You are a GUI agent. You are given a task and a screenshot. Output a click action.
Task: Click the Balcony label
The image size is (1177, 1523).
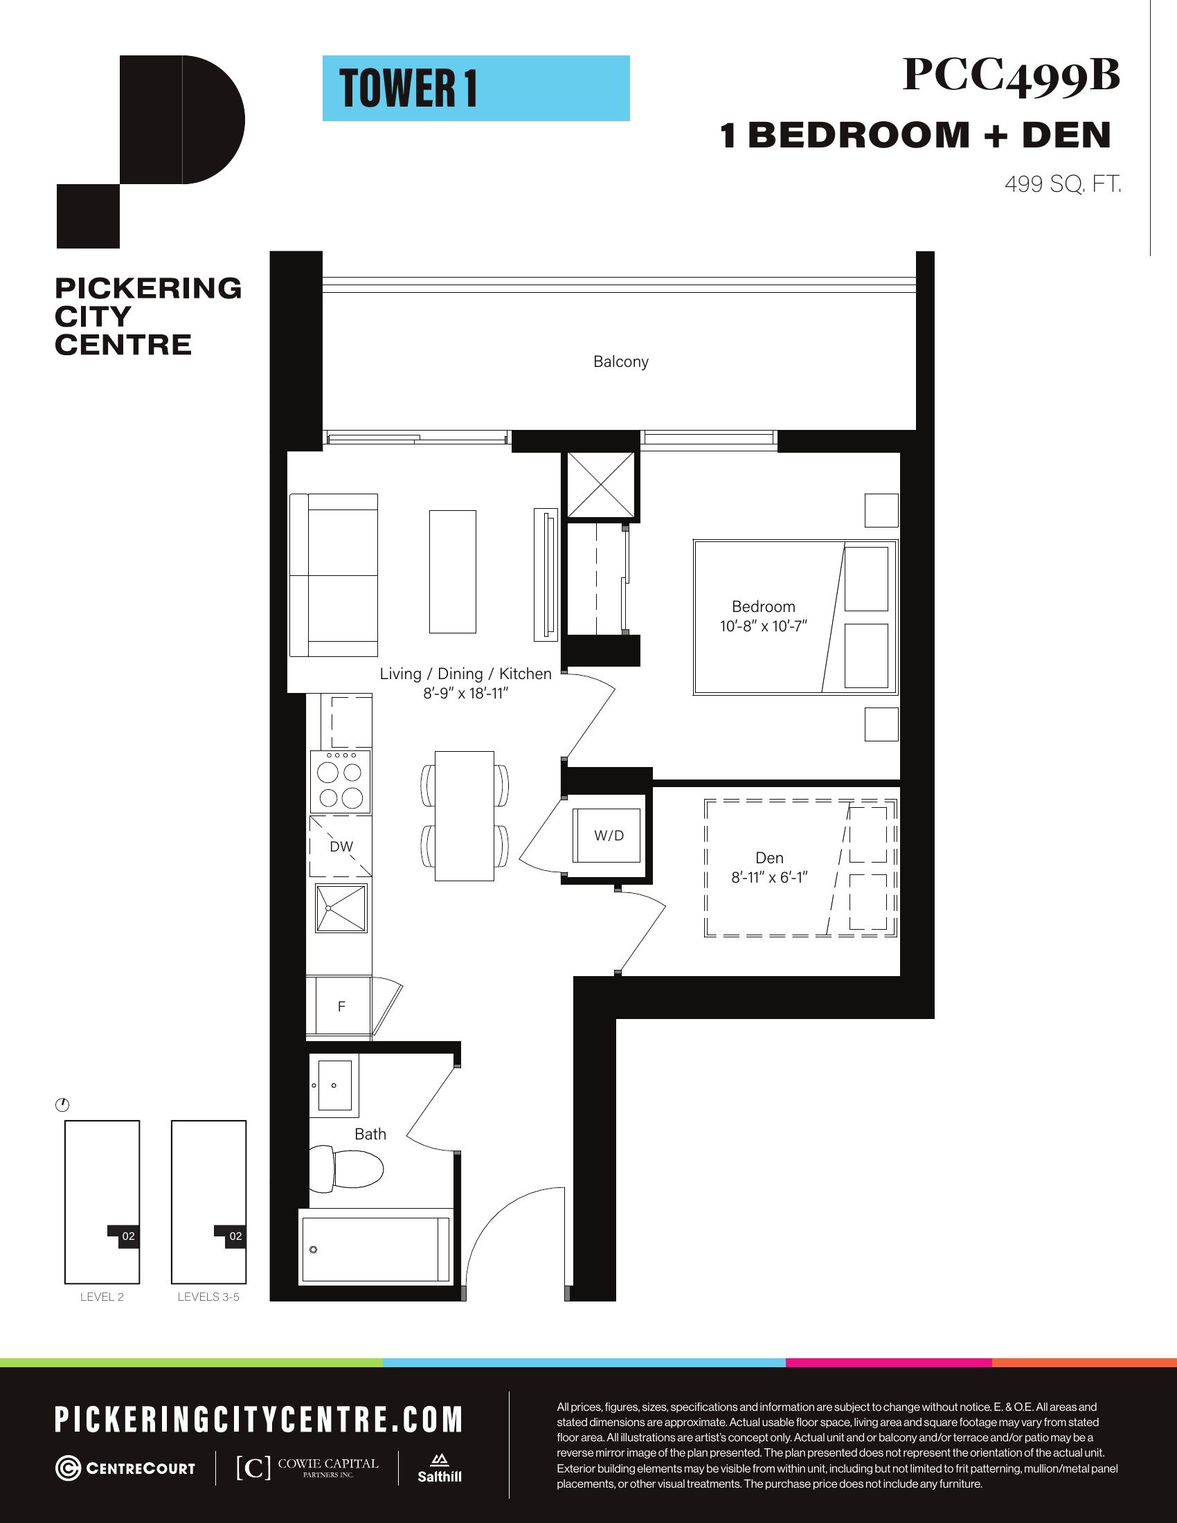tap(620, 362)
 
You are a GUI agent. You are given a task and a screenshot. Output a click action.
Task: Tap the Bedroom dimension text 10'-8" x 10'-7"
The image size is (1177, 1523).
tap(764, 627)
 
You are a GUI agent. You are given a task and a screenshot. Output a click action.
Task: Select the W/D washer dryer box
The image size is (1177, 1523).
tap(607, 835)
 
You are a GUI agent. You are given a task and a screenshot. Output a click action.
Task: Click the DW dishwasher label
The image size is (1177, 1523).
tap(341, 847)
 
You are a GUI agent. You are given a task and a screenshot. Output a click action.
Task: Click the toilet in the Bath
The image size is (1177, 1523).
tap(347, 1166)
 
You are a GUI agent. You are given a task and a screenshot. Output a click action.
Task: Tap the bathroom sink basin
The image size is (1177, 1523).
tap(334, 1085)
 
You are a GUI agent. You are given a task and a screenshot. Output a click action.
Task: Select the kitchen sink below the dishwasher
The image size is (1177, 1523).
tap(341, 908)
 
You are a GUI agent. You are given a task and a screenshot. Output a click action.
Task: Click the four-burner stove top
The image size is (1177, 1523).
tap(340, 781)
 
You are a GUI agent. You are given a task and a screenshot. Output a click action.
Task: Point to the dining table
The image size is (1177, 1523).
tap(465, 816)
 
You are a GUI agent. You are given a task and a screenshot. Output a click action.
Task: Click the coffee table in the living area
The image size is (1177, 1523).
tap(453, 571)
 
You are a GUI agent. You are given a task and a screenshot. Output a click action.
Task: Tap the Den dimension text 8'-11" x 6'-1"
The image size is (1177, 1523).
tap(769, 878)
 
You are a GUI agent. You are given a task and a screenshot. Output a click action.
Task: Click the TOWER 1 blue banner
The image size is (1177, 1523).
tap(476, 89)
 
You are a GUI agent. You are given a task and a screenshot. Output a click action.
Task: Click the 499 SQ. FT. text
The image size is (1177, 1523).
tap(1063, 184)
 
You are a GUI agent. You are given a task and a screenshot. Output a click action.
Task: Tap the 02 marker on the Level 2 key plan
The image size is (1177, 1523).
tap(128, 1236)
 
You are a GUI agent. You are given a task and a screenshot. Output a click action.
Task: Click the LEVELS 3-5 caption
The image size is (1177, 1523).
tap(208, 1297)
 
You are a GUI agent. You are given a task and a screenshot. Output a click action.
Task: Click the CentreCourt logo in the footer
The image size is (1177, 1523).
tap(125, 1468)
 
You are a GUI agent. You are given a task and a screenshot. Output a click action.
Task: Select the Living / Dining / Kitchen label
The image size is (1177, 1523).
tap(466, 674)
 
